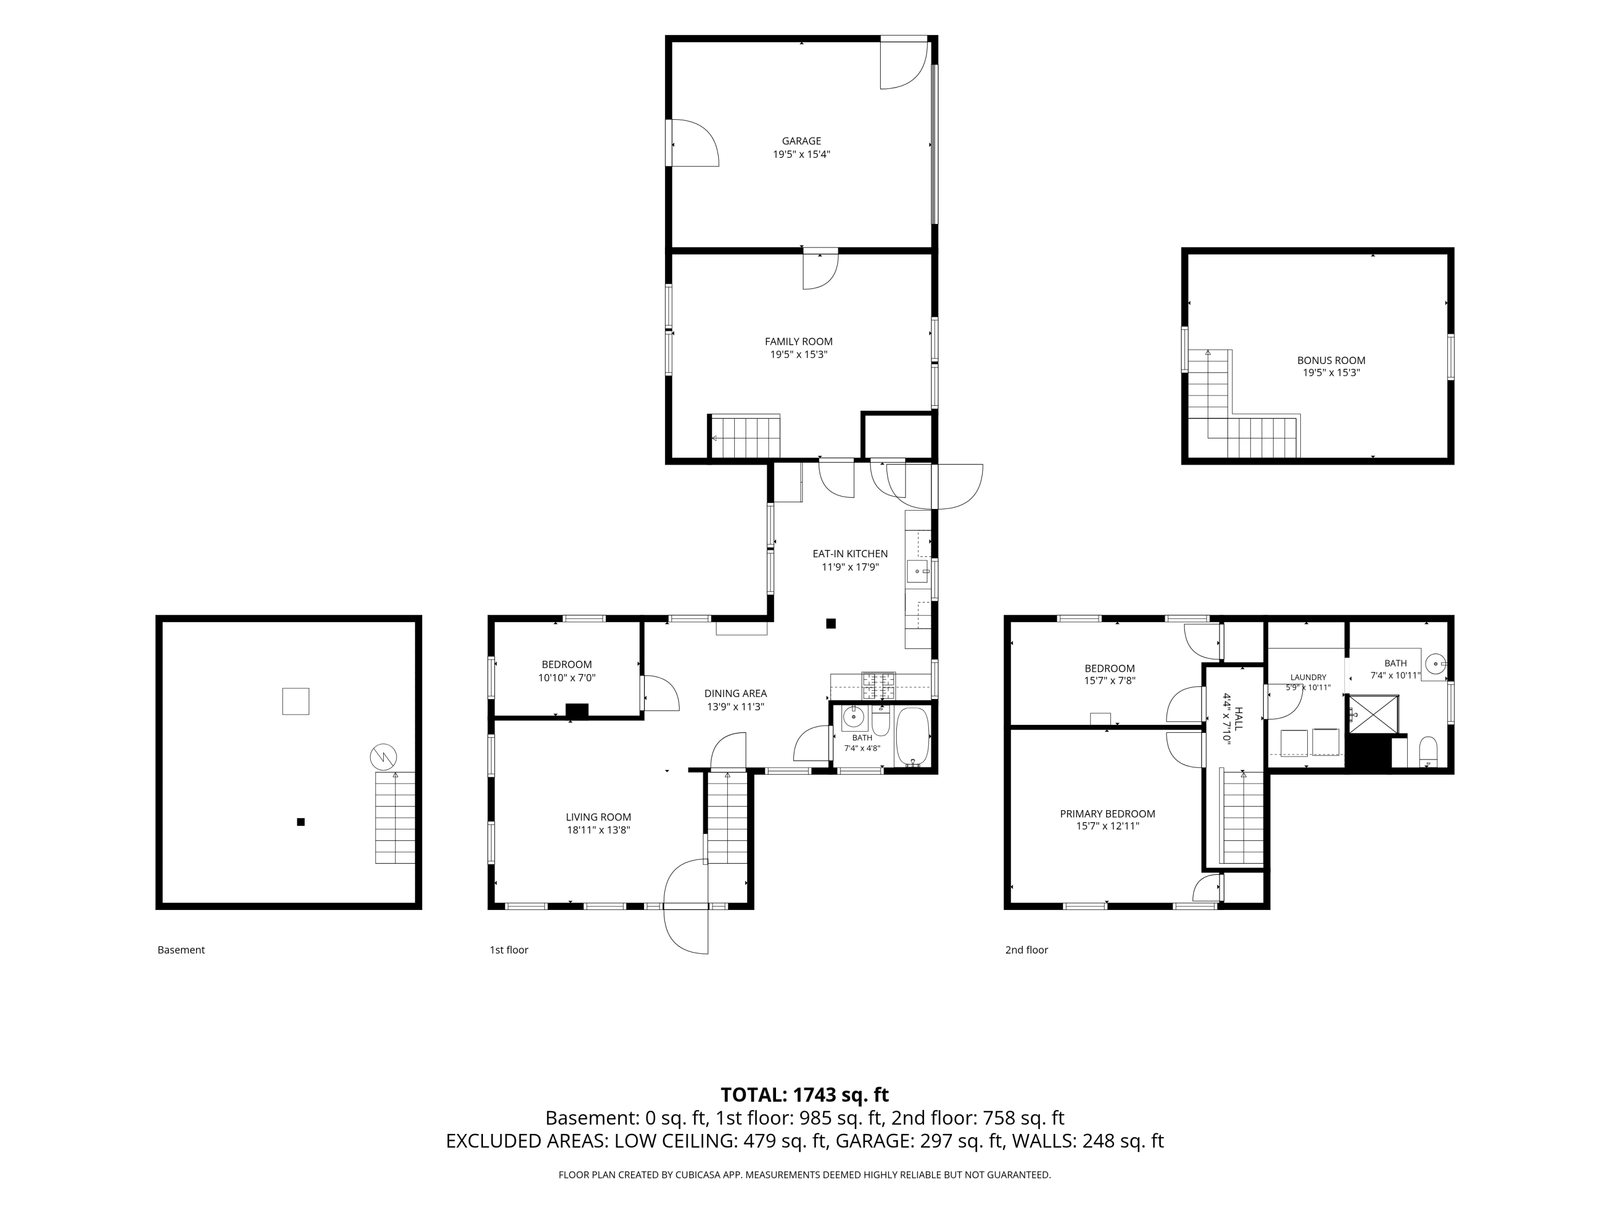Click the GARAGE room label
click(801, 141)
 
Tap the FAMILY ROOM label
click(799, 341)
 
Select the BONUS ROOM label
click(1331, 360)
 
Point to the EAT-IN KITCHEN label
click(850, 554)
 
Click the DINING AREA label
click(735, 694)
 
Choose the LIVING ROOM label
click(598, 818)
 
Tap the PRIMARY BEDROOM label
click(1107, 814)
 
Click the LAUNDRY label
click(1308, 677)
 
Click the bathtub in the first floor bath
click(911, 737)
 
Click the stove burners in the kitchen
click(879, 685)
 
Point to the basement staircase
click(394, 818)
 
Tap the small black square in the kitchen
click(830, 623)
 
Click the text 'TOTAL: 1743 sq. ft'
click(804, 1095)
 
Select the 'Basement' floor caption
click(181, 950)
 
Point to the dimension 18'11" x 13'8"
click(598, 830)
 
